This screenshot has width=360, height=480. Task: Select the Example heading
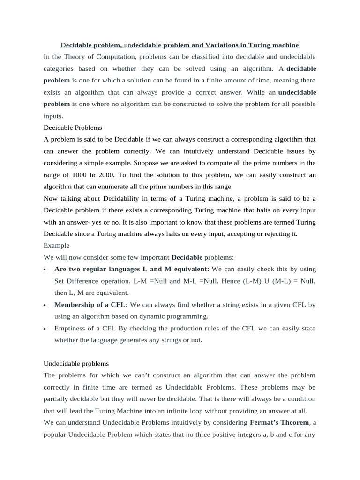[56, 245]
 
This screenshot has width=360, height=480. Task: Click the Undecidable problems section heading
[76, 363]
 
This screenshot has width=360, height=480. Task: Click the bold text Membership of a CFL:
[91, 305]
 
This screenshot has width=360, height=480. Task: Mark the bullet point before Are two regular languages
[45, 270]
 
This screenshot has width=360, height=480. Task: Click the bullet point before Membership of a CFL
[45, 305]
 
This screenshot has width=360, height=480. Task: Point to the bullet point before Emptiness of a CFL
[45, 329]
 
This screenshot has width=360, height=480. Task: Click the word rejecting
[273, 233]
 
